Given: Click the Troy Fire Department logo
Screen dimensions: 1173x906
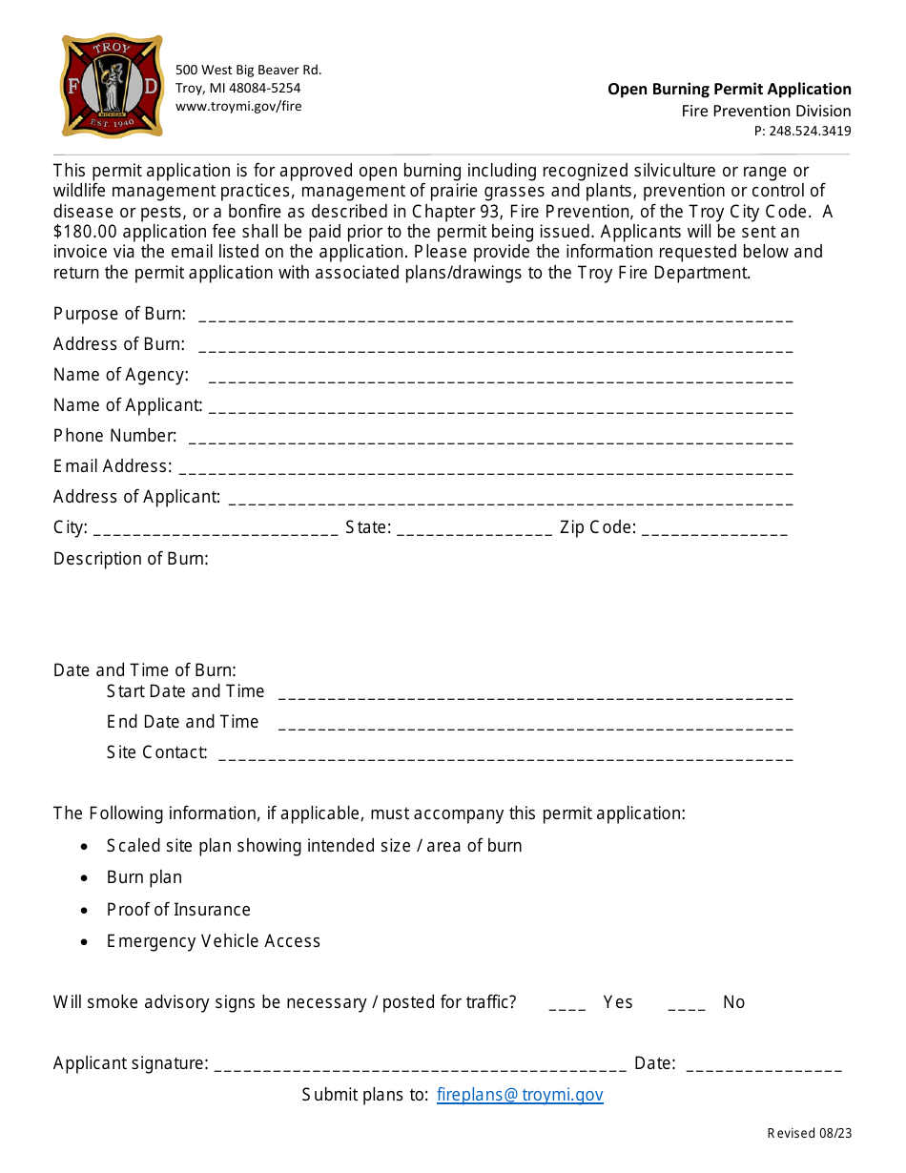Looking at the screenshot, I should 112,86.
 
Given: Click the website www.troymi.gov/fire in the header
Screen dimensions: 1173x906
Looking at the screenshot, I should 238,107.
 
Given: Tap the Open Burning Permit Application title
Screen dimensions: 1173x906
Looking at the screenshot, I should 730,90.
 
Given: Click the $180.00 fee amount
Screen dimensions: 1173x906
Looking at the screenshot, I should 91,232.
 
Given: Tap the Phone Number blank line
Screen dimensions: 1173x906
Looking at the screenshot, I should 490,441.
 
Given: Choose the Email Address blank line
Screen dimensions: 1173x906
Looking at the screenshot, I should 485,471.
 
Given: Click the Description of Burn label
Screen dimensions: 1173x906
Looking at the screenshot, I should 131,559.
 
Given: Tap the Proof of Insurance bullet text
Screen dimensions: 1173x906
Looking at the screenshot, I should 178,910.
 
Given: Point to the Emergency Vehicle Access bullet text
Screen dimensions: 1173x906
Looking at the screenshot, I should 214,941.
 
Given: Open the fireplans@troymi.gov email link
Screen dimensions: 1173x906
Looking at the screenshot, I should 520,1095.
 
